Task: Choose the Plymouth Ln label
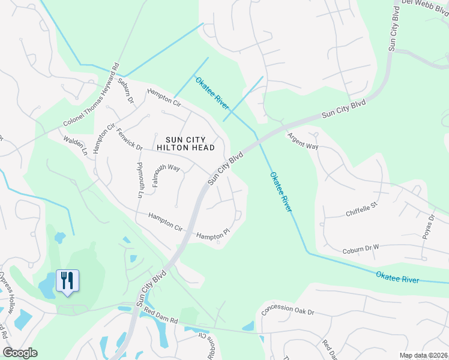tap(139, 179)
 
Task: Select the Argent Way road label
tap(303, 142)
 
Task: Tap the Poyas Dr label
tap(429, 226)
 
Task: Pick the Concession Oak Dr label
tap(289, 311)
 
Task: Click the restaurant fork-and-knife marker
tap(67, 280)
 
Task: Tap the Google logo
tap(20, 353)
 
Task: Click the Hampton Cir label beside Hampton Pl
tap(165, 221)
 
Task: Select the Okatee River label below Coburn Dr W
tap(397, 277)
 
